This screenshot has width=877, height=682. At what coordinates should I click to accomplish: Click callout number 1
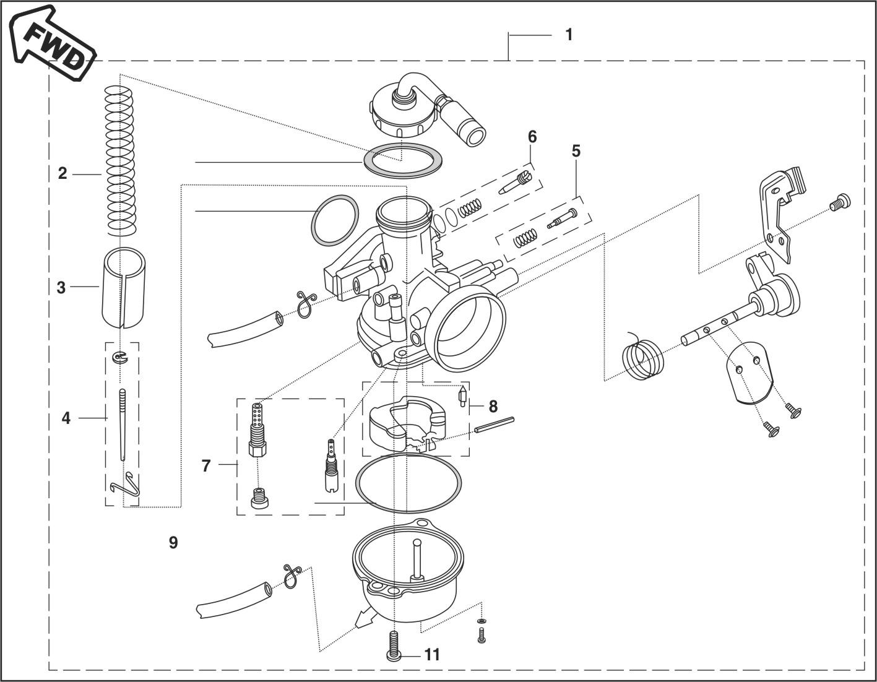(x=569, y=35)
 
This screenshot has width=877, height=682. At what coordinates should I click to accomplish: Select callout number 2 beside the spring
(x=62, y=173)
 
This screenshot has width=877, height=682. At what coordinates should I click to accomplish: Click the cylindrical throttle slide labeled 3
(x=123, y=287)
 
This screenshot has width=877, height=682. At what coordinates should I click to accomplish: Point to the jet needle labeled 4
(x=122, y=427)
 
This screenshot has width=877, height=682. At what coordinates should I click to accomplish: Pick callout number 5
(x=576, y=151)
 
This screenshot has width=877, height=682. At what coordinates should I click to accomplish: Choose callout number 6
(x=532, y=136)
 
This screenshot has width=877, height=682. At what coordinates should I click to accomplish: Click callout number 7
(x=206, y=465)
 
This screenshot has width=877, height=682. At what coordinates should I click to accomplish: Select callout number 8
(x=493, y=407)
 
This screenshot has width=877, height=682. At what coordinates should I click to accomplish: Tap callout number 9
(x=173, y=543)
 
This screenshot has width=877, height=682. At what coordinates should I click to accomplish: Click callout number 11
(x=432, y=654)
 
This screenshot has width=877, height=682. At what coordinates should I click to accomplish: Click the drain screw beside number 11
(x=394, y=647)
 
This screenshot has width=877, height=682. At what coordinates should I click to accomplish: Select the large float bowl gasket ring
(x=409, y=483)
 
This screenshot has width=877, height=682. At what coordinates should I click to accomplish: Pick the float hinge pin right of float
(x=494, y=425)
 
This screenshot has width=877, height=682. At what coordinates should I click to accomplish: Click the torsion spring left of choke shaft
(x=642, y=356)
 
